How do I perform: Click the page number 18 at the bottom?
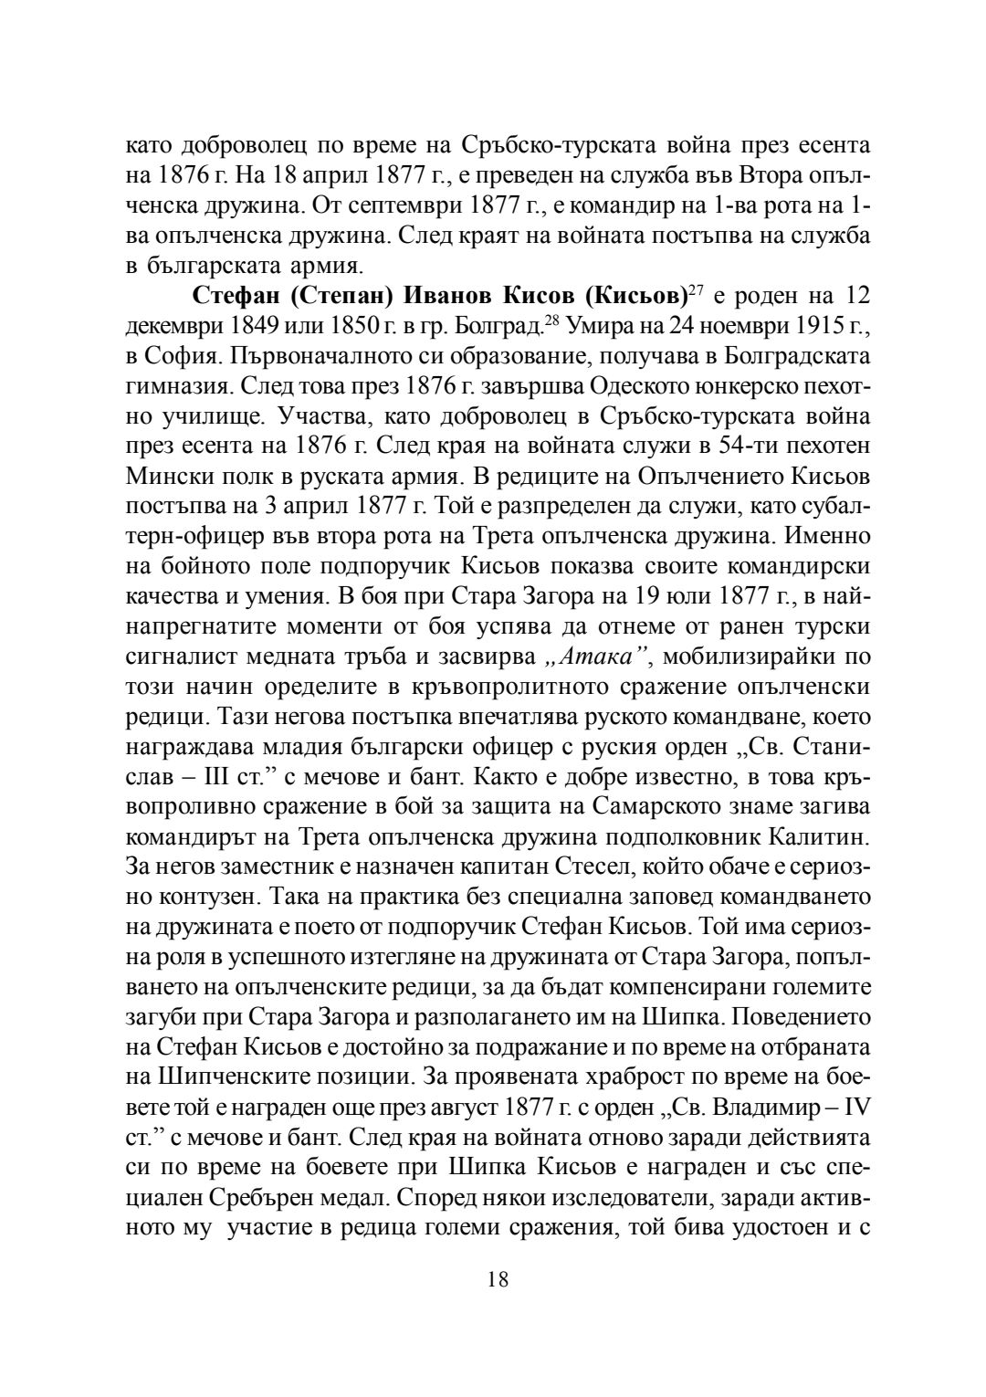(x=498, y=1279)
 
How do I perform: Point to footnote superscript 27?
(x=698, y=289)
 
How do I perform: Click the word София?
(x=177, y=353)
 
